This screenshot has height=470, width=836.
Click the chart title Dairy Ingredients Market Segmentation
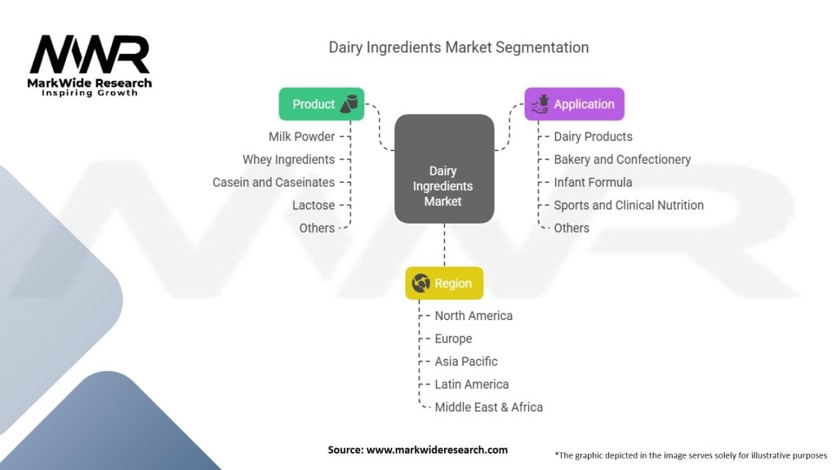tap(459, 47)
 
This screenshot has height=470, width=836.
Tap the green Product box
tap(322, 104)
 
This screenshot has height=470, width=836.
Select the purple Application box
tap(574, 104)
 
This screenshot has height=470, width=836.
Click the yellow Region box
tap(444, 283)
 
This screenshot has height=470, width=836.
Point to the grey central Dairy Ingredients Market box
tap(444, 168)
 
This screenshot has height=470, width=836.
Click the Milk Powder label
tap(302, 136)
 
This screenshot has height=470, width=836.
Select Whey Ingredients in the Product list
tap(288, 159)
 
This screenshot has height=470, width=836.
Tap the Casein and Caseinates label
tap(273, 182)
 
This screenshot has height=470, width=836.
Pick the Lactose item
tap(313, 205)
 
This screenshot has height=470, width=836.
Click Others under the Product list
tap(317, 228)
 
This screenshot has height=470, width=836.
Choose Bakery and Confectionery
tap(622, 159)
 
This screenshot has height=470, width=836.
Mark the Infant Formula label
tap(593, 182)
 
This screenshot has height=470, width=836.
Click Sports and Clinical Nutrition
tap(629, 205)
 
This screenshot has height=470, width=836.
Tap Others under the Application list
tap(571, 228)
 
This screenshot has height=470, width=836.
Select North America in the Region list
tap(474, 316)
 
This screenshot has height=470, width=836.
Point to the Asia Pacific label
tap(466, 361)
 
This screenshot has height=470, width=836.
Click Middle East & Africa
tap(488, 407)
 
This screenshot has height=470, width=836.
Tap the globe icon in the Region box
tap(420, 283)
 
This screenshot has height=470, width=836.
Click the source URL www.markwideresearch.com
tap(437, 450)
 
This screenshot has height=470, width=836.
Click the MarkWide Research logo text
tap(90, 83)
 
